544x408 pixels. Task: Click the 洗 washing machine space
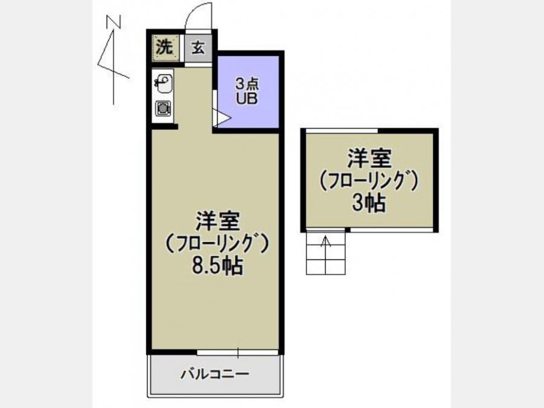pyautogui.click(x=166, y=48)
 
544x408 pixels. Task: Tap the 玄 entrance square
pyautogui.click(x=198, y=48)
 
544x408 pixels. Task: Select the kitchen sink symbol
pyautogui.click(x=163, y=83)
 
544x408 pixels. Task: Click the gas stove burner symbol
pyautogui.click(x=163, y=109)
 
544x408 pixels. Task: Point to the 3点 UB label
pyautogui.click(x=247, y=92)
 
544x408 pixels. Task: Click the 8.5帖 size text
pyautogui.click(x=218, y=266)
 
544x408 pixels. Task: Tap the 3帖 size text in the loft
pyautogui.click(x=369, y=203)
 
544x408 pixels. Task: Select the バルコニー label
pyautogui.click(x=215, y=374)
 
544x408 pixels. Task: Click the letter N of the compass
pyautogui.click(x=114, y=22)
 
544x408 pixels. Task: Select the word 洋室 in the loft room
pyautogui.click(x=369, y=158)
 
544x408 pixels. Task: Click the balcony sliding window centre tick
pyautogui.click(x=238, y=352)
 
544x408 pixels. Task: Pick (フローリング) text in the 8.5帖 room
pyautogui.click(x=218, y=244)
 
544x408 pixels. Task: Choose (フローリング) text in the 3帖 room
pyautogui.click(x=369, y=181)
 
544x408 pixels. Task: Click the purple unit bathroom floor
pyautogui.click(x=248, y=92)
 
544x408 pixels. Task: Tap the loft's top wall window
pyautogui.click(x=342, y=131)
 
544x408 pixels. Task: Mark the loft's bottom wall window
pyautogui.click(x=392, y=230)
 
